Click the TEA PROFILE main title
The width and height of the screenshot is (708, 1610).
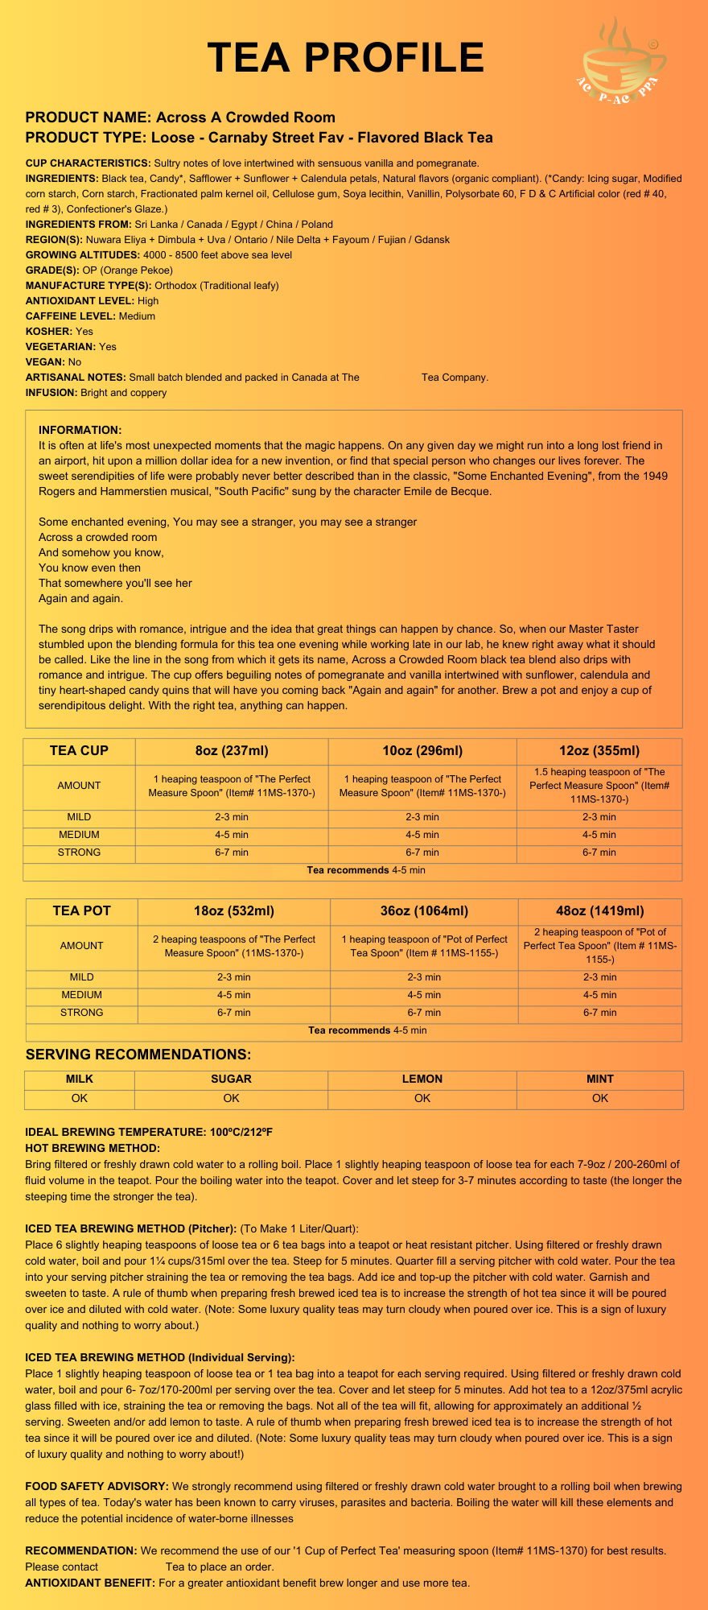pyautogui.click(x=346, y=58)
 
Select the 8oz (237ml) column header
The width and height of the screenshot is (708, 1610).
pyautogui.click(x=232, y=751)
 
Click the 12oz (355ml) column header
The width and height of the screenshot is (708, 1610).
pyautogui.click(x=599, y=751)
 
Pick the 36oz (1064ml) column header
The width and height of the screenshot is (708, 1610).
pyautogui.click(x=424, y=911)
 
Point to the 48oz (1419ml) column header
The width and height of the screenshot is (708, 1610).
pyautogui.click(x=600, y=911)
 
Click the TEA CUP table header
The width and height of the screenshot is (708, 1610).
pyautogui.click(x=79, y=751)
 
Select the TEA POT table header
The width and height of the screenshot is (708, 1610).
pyautogui.click(x=81, y=911)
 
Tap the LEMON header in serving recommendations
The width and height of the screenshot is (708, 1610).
pyautogui.click(x=422, y=1079)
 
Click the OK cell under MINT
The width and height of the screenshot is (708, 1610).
pyautogui.click(x=600, y=1098)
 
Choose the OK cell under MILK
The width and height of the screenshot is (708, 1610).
pyautogui.click(x=79, y=1098)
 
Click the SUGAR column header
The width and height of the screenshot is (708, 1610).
pyautogui.click(x=231, y=1079)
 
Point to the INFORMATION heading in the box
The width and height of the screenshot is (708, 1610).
pyautogui.click(x=80, y=430)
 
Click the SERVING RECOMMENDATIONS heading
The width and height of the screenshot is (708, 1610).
pyautogui.click(x=138, y=1055)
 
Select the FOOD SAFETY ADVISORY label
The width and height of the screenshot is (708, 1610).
pyautogui.click(x=97, y=1486)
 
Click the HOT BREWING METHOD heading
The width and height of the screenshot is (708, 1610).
pyautogui.click(x=93, y=1147)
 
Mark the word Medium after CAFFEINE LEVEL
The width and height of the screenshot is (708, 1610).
pyautogui.click(x=137, y=316)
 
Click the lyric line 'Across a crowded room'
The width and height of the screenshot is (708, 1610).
pyautogui.click(x=97, y=537)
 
